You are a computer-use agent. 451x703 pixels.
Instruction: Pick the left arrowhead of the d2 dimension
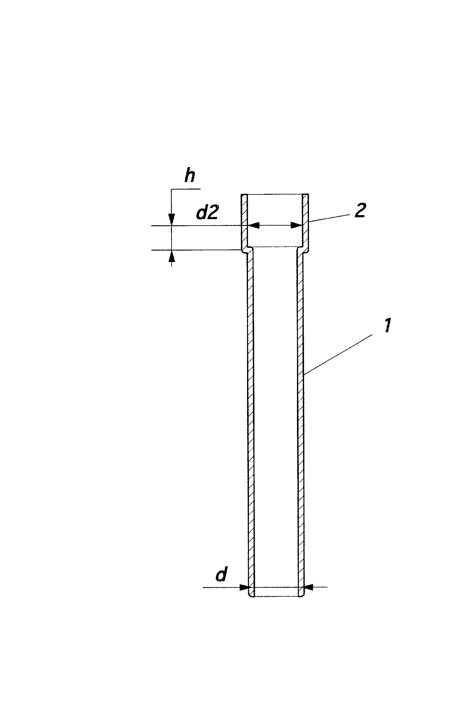(253, 226)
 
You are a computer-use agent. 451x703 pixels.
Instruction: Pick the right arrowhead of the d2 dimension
(297, 226)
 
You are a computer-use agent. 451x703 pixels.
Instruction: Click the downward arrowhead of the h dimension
(172, 220)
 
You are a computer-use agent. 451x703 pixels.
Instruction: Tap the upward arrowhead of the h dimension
(172, 255)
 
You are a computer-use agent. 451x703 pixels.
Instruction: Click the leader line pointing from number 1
(338, 355)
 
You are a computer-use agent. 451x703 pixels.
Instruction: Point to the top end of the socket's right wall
(306, 195)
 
